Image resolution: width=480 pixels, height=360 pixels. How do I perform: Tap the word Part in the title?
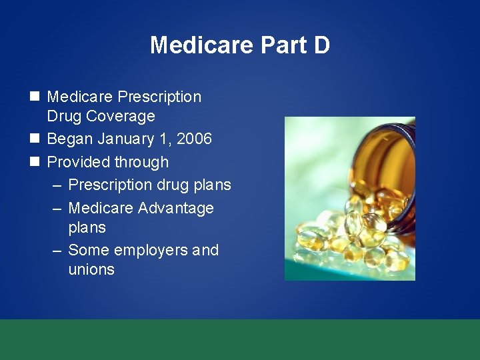(x=275, y=45)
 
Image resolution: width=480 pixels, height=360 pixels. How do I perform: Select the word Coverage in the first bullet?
(x=119, y=116)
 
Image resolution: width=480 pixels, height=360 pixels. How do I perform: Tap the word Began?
(x=70, y=139)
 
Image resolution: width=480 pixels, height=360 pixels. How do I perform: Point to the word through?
(x=141, y=163)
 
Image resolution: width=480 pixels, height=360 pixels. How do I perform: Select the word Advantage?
(x=175, y=208)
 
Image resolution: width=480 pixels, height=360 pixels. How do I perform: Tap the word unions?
(x=91, y=269)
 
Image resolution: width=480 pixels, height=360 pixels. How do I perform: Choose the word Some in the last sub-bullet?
(x=89, y=251)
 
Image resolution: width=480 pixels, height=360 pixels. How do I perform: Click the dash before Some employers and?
(x=57, y=251)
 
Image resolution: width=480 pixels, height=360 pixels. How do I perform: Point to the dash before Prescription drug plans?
(x=57, y=185)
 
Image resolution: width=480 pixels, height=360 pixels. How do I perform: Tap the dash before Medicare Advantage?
(x=57, y=208)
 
